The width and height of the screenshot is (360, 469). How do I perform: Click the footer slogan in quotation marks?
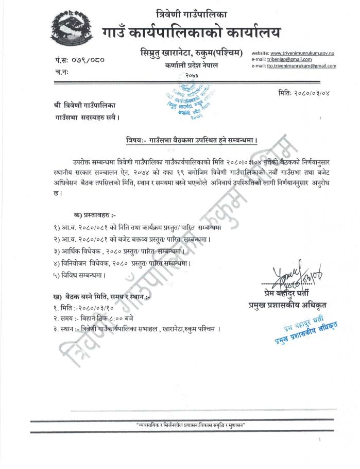tap(190, 425)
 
